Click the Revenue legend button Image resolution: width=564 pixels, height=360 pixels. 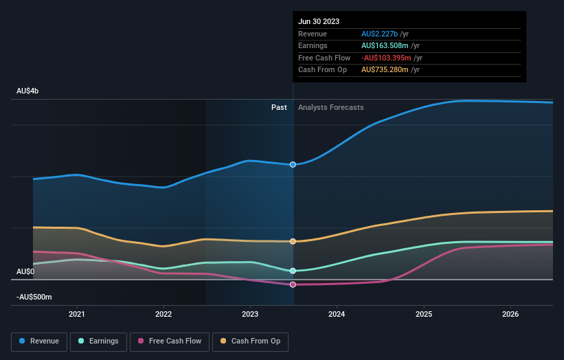40,341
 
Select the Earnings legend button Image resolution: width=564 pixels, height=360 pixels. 98,341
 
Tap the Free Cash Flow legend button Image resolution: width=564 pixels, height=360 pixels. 169,341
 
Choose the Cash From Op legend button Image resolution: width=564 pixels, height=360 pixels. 250,341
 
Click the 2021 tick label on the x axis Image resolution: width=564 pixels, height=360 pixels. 77,314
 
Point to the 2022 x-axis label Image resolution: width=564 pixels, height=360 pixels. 163,314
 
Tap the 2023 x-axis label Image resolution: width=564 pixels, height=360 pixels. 250,314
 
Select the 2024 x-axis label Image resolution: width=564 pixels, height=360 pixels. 337,314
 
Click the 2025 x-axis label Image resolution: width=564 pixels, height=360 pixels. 424,314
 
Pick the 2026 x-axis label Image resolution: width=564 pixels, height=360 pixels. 510,314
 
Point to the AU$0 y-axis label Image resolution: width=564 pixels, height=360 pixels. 25,271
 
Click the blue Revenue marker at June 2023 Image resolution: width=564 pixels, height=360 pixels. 293,165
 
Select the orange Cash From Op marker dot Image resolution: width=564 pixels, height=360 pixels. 293,241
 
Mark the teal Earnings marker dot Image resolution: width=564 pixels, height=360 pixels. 293,271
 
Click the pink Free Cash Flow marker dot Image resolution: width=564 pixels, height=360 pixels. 293,284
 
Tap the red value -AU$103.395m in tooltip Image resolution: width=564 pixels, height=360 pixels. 387,58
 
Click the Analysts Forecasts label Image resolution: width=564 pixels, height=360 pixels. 330,107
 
